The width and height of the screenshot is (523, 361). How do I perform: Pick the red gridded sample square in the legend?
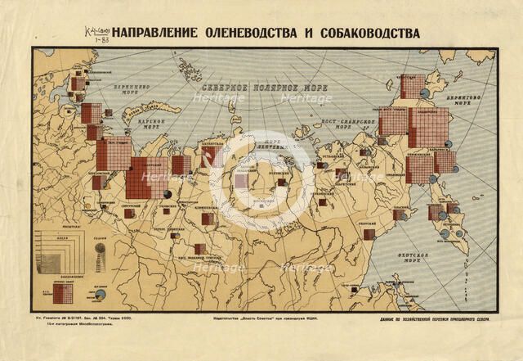[x=63, y=292]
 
